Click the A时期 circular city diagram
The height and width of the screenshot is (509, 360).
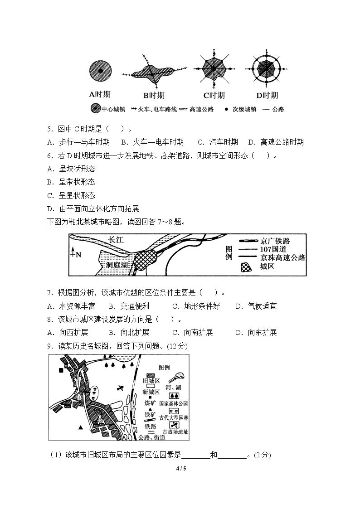click(x=100, y=70)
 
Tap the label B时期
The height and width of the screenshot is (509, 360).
click(x=154, y=96)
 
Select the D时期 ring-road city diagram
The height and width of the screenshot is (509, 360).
click(x=266, y=69)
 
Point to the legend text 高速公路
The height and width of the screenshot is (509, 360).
click(x=202, y=109)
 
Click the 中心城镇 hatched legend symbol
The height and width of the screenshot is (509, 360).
click(x=95, y=109)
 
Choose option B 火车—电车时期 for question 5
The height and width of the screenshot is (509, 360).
click(x=153, y=142)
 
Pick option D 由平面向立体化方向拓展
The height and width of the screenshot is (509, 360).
click(x=93, y=209)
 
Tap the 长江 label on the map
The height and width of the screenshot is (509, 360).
click(x=116, y=240)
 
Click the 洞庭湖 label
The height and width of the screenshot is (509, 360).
click(x=117, y=265)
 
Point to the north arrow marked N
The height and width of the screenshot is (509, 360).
click(x=75, y=252)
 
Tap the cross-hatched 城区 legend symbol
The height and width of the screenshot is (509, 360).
click(x=246, y=267)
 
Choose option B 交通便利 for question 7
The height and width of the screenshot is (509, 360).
click(x=129, y=306)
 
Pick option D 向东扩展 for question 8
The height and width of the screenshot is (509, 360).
click(x=256, y=333)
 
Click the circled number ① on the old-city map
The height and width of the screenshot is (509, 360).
click(x=79, y=397)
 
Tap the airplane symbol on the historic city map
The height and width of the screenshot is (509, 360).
click(x=121, y=388)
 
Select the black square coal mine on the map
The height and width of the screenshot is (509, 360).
click(x=61, y=370)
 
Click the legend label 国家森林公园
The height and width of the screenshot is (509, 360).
click(x=174, y=403)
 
